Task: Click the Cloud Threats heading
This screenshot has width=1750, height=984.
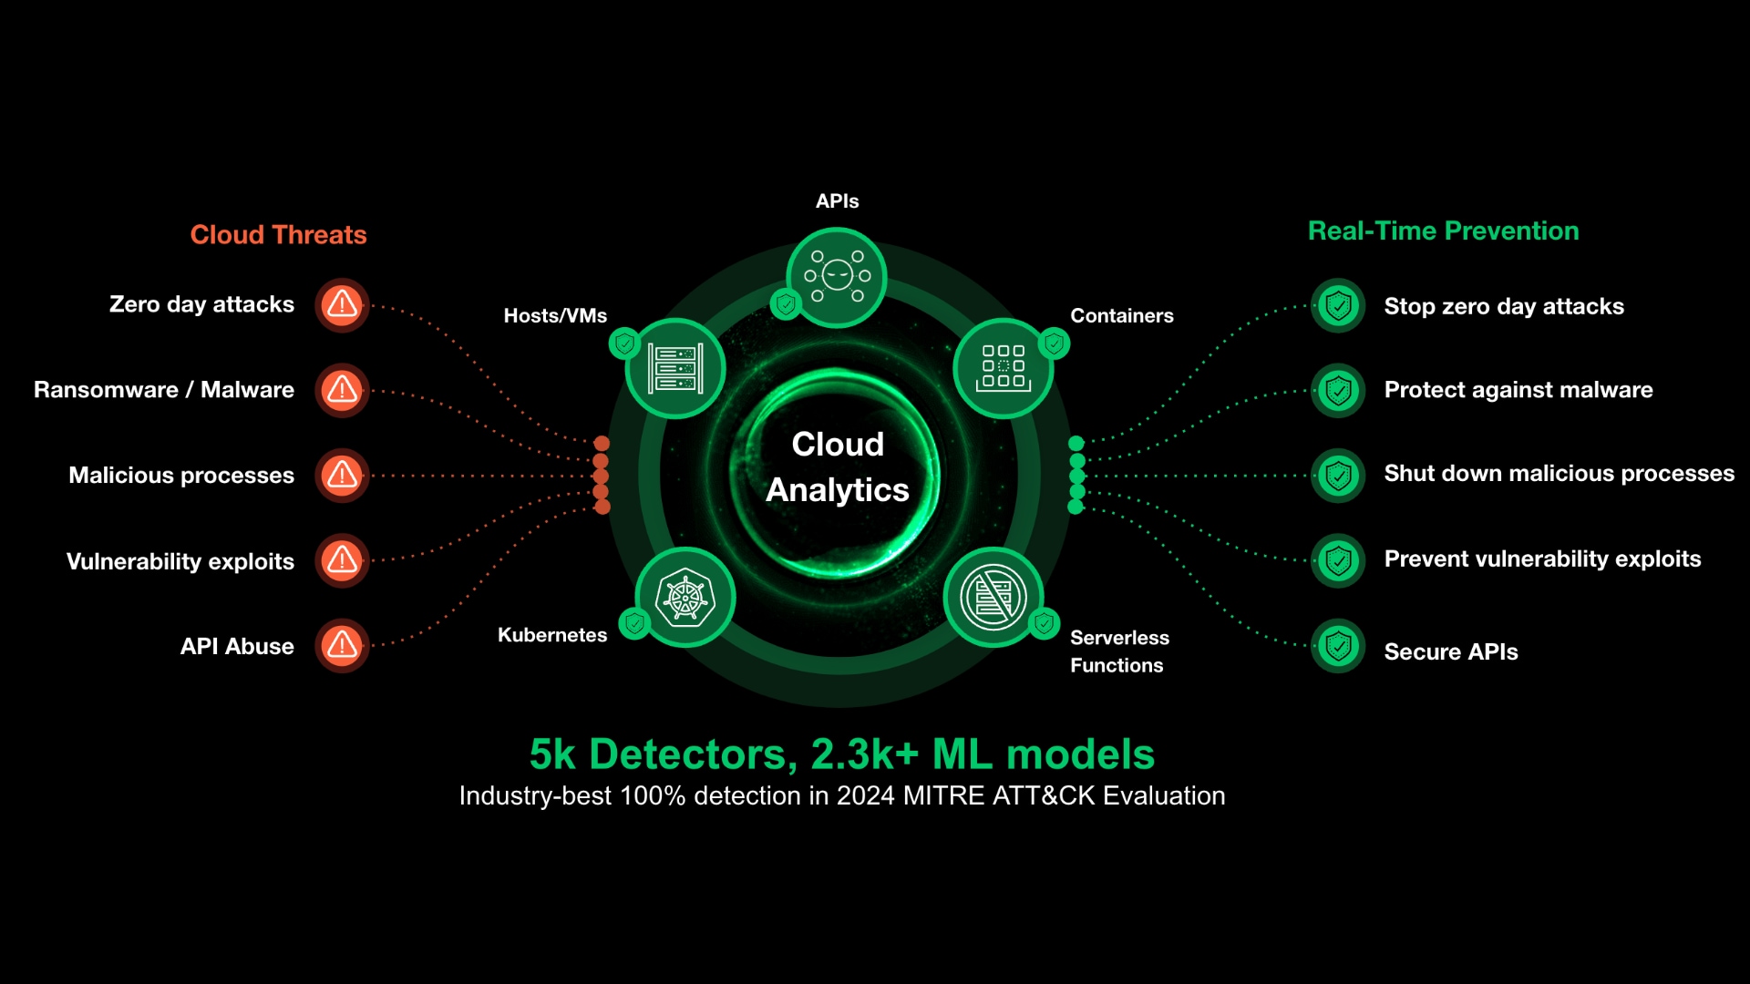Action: [278, 235]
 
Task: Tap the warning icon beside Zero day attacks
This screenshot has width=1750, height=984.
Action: [342, 304]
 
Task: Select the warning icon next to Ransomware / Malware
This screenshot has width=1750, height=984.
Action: [342, 390]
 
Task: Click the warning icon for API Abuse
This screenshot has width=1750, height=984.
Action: [342, 646]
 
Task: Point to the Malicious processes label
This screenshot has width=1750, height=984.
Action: [181, 476]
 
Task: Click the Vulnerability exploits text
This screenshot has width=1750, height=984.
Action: [180, 561]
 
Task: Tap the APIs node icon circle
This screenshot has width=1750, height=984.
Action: [836, 276]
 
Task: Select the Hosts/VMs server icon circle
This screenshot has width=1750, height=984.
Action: [675, 368]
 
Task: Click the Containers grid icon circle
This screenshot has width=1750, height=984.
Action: [1003, 367]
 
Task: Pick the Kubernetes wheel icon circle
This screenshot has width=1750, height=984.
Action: [685, 598]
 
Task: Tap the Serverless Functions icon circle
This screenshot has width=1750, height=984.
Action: [993, 598]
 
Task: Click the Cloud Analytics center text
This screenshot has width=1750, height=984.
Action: [837, 467]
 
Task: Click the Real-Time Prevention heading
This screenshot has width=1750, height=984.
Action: [1443, 231]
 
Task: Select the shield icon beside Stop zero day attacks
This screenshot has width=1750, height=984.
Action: [1338, 306]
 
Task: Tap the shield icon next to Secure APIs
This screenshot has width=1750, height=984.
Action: [1338, 647]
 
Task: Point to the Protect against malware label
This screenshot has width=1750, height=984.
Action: [1518, 390]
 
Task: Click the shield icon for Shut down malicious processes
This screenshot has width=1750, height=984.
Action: [1338, 476]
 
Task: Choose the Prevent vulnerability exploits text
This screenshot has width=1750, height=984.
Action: [1542, 559]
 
